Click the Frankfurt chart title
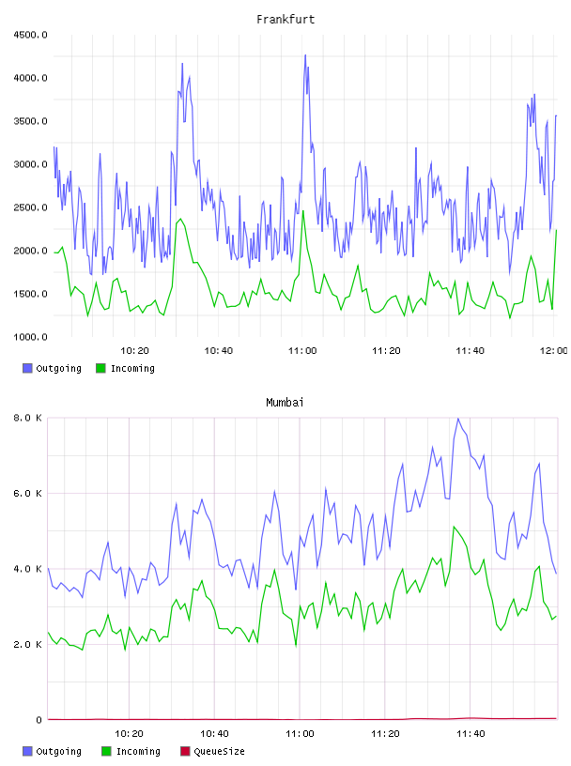click(285, 19)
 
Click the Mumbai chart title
click(285, 402)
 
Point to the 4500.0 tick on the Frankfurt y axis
click(30, 35)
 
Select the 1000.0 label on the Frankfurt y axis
click(30, 337)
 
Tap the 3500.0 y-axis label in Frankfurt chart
click(30, 121)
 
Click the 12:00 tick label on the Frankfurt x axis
click(554, 351)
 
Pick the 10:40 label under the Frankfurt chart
click(219, 351)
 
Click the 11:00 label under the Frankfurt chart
click(302, 351)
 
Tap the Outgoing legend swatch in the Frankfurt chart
click(27, 368)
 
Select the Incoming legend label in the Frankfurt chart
click(132, 368)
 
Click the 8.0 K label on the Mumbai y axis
click(27, 418)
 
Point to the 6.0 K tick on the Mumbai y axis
click(27, 494)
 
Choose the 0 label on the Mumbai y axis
click(39, 720)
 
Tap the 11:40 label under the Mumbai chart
click(471, 734)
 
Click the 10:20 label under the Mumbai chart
click(129, 734)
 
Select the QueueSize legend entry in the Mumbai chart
click(212, 751)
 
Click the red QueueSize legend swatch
click(185, 751)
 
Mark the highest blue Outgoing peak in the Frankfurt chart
click(305, 55)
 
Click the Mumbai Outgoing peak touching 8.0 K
click(458, 419)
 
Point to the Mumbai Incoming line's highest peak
click(455, 527)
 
